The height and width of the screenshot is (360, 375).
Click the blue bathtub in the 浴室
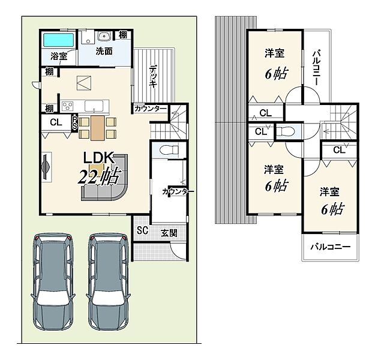coord(58,40)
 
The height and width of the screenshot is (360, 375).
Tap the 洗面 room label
coord(104,51)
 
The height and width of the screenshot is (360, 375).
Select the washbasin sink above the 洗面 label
coord(104,37)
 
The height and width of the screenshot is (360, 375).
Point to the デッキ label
coord(154,76)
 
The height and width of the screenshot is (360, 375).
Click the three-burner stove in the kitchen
coord(67,106)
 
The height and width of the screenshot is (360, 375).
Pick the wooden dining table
coord(98,128)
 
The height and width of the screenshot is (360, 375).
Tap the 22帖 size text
coord(98,177)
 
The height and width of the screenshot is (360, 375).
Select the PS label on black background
coord(75,123)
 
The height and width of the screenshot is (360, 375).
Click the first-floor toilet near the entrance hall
coord(169,150)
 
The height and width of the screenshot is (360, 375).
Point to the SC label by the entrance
coord(143,230)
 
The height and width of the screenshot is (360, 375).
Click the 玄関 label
coord(169,233)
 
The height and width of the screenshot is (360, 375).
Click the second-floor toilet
coord(286,131)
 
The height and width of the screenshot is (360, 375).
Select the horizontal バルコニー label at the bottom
coord(330,247)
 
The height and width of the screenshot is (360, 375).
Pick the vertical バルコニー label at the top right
coord(317,68)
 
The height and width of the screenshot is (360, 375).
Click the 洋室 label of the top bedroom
coord(275,53)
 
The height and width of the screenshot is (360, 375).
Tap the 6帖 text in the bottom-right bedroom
coord(332,209)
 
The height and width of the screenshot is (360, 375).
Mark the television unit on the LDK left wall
coord(47,167)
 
